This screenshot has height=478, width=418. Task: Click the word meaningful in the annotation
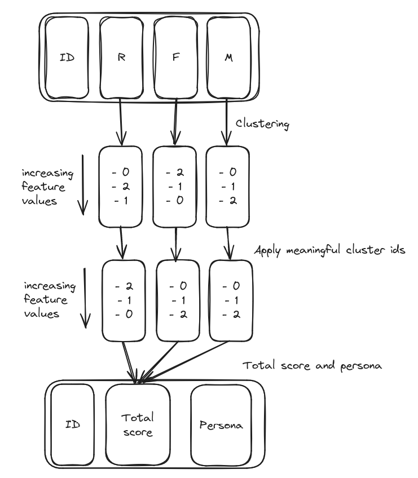pyautogui.click(x=309, y=250)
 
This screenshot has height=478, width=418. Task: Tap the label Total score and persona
pyautogui.click(x=313, y=366)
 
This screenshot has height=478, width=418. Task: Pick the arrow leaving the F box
pyautogui.click(x=175, y=121)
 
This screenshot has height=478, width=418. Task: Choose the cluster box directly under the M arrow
pyautogui.click(x=227, y=187)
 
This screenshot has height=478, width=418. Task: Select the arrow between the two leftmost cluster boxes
pyautogui.click(x=121, y=242)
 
